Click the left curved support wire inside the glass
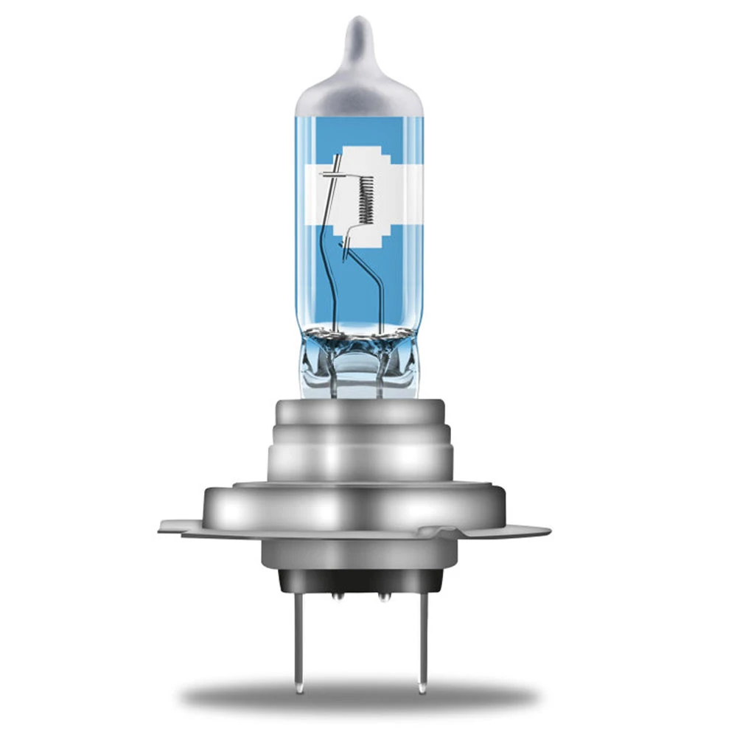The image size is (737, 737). (x=329, y=280)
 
